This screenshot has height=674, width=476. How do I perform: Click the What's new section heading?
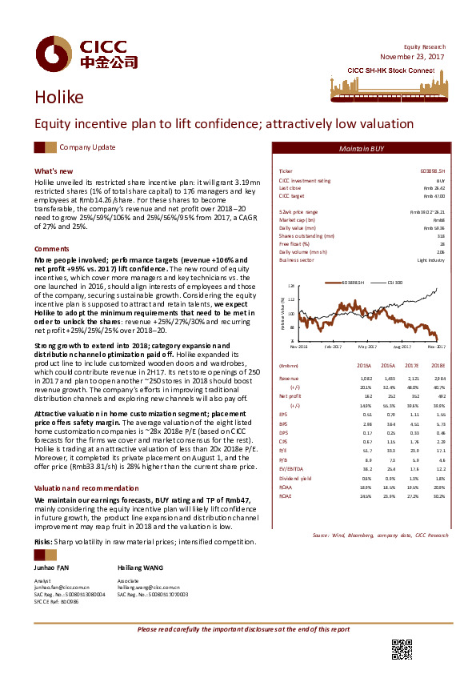point(54,171)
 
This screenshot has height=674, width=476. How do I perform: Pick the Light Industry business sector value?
point(430,260)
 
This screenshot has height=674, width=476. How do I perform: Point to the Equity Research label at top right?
point(423,47)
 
